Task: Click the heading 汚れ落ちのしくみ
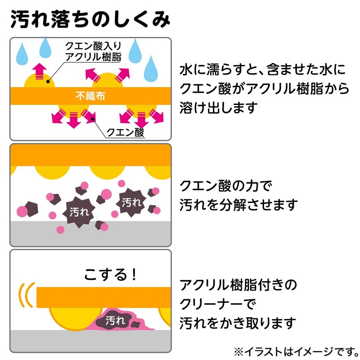[x=90, y=20]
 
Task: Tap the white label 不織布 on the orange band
[x=90, y=96]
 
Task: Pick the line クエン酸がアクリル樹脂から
[x=265, y=89]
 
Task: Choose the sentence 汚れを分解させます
[x=238, y=205]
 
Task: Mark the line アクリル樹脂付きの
[x=238, y=285]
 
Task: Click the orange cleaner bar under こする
[x=103, y=297]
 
